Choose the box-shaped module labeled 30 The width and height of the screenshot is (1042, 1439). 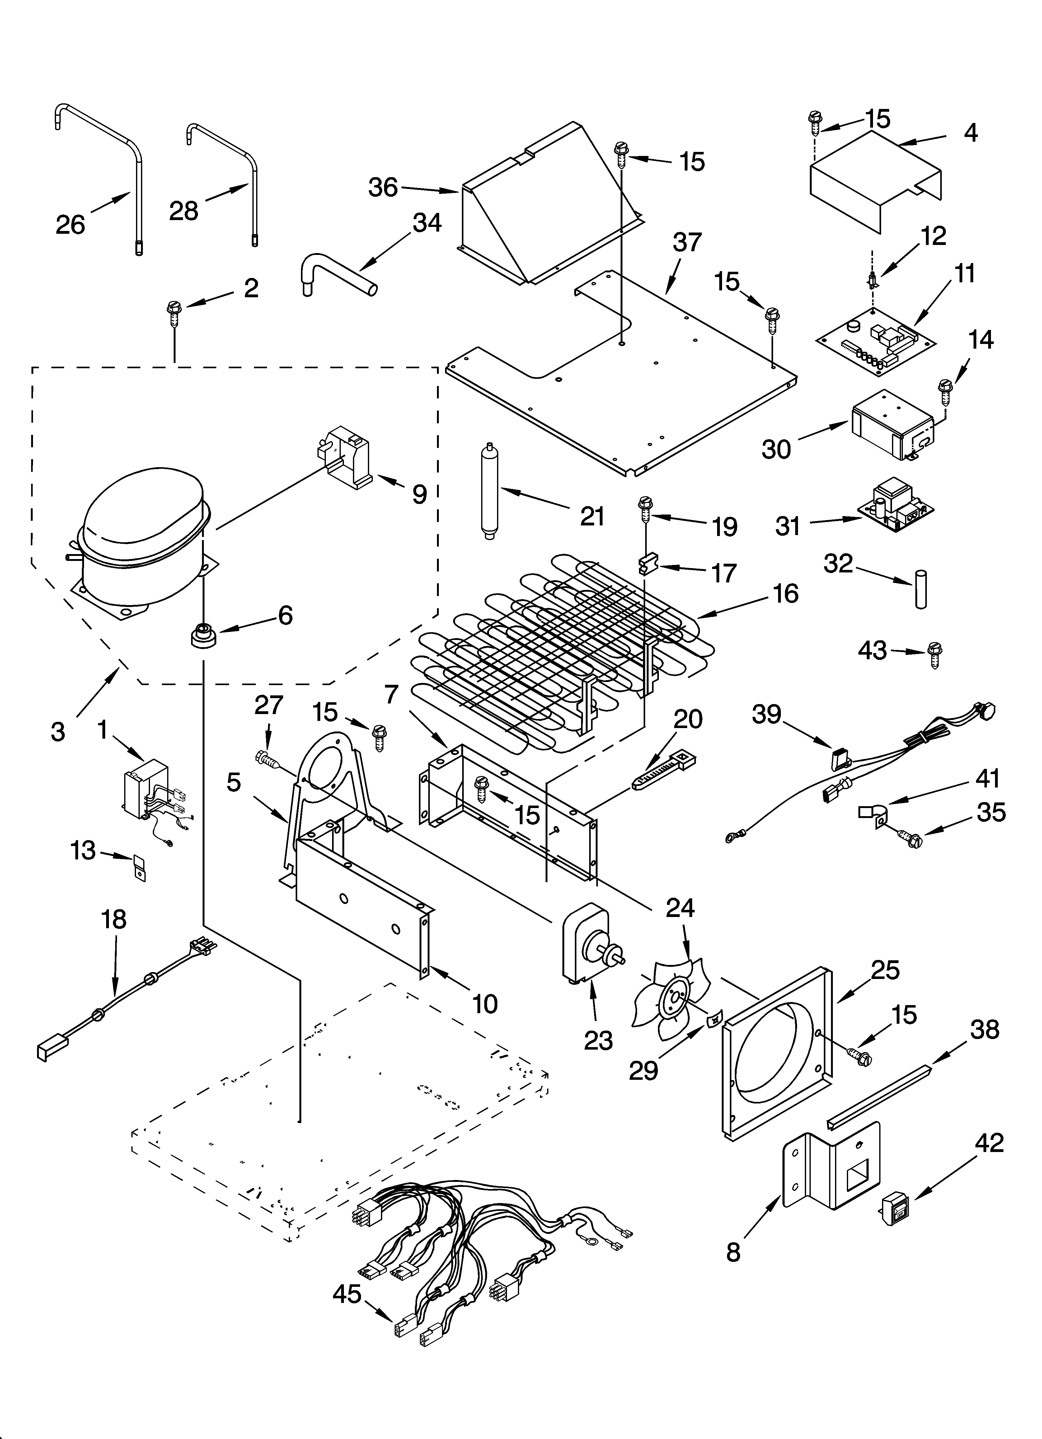coord(892,424)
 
